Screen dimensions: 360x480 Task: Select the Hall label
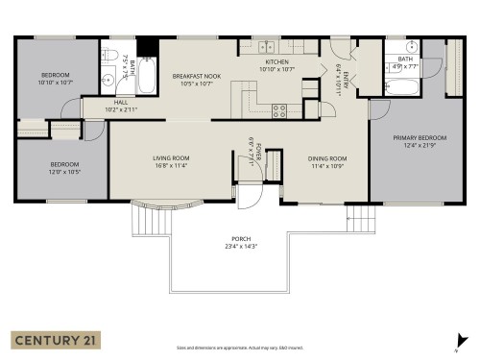click(121, 102)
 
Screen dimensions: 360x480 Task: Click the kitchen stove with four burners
click(280, 109)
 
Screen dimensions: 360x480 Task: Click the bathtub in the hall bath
click(147, 77)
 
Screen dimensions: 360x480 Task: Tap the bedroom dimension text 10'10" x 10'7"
click(56, 82)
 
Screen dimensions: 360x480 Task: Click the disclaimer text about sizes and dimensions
click(239, 348)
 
